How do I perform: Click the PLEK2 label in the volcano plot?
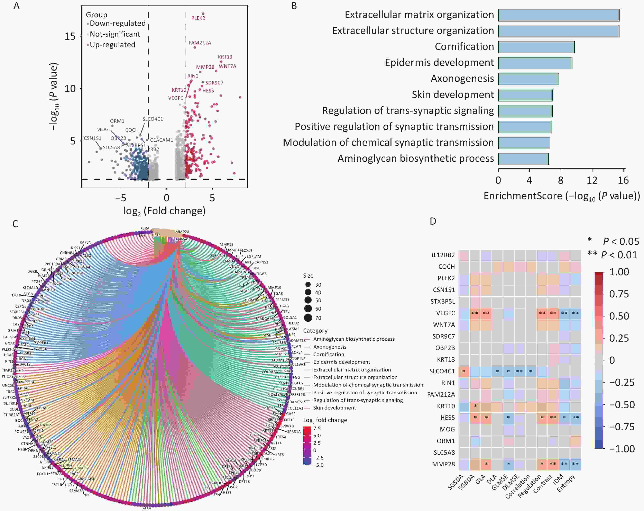point(198,18)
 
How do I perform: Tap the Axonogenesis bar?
point(528,79)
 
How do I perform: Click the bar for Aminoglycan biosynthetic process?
point(523,159)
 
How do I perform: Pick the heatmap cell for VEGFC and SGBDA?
point(475,313)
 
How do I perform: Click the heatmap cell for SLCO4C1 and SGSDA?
point(464,371)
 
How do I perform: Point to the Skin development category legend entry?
point(334,408)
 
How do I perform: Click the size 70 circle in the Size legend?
point(308,318)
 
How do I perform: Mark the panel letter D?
point(433,221)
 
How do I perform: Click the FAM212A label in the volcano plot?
point(200,43)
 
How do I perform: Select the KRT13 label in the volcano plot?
point(225,57)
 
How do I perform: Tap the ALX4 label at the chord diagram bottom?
point(146,508)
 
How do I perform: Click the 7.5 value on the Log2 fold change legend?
point(317,428)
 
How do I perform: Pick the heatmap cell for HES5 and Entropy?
point(575,418)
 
